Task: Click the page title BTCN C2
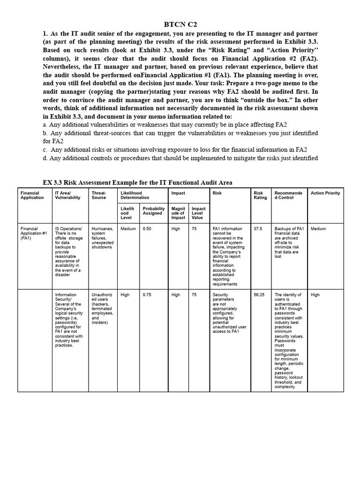180,24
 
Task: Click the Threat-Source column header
99,195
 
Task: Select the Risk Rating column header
260,195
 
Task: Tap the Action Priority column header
325,193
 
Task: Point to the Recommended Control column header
288,195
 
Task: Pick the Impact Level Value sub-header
198,213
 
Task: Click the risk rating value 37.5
258,229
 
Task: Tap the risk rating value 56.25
259,295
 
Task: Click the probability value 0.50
147,229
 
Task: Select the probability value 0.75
147,295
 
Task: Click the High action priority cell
315,295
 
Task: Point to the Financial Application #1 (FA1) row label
34,233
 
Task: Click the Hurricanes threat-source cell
102,238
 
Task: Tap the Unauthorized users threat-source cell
102,308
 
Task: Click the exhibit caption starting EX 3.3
137,182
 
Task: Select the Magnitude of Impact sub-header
178,213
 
